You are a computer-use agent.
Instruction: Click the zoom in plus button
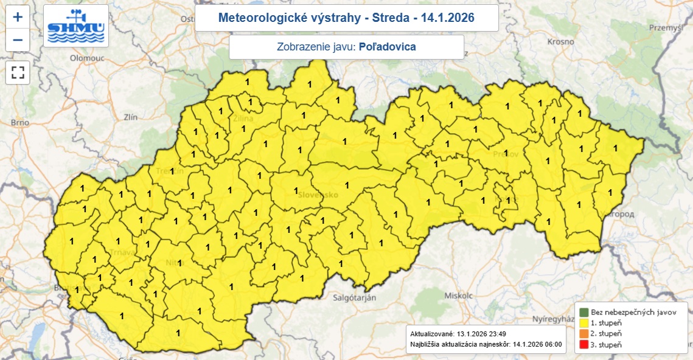[18, 17]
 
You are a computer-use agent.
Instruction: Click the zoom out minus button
[18, 40]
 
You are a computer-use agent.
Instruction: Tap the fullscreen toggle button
[18, 73]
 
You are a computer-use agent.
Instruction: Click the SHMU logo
[76, 26]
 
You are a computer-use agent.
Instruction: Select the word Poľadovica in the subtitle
[388, 47]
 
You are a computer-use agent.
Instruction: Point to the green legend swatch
[583, 312]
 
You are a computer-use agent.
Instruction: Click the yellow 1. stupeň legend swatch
[583, 323]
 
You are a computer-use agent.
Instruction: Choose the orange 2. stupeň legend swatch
[583, 334]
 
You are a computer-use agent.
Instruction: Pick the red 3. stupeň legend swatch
[583, 345]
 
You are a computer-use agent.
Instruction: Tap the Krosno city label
[560, 42]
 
